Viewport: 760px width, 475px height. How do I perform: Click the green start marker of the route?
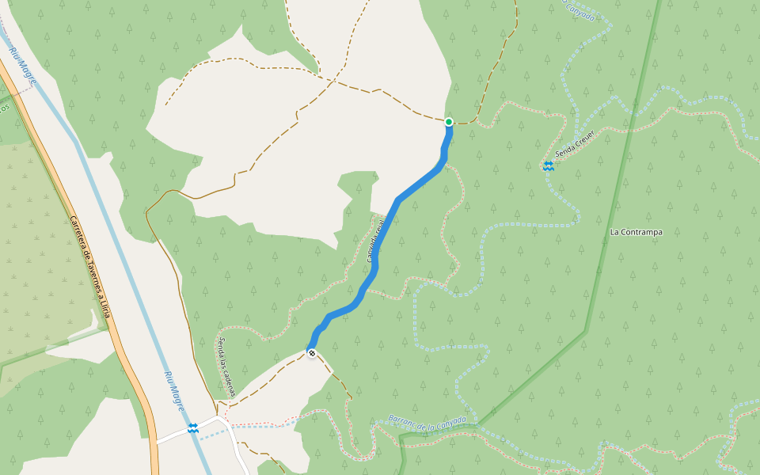pos(449,122)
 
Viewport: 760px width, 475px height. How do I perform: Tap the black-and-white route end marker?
pos(312,353)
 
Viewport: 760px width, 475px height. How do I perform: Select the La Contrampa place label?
pos(636,232)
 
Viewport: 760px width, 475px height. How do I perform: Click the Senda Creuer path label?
pos(574,143)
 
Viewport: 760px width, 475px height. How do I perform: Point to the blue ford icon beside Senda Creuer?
pos(548,165)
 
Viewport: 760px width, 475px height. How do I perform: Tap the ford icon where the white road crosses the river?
pos(193,428)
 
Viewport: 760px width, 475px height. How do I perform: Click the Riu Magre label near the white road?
pos(175,389)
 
